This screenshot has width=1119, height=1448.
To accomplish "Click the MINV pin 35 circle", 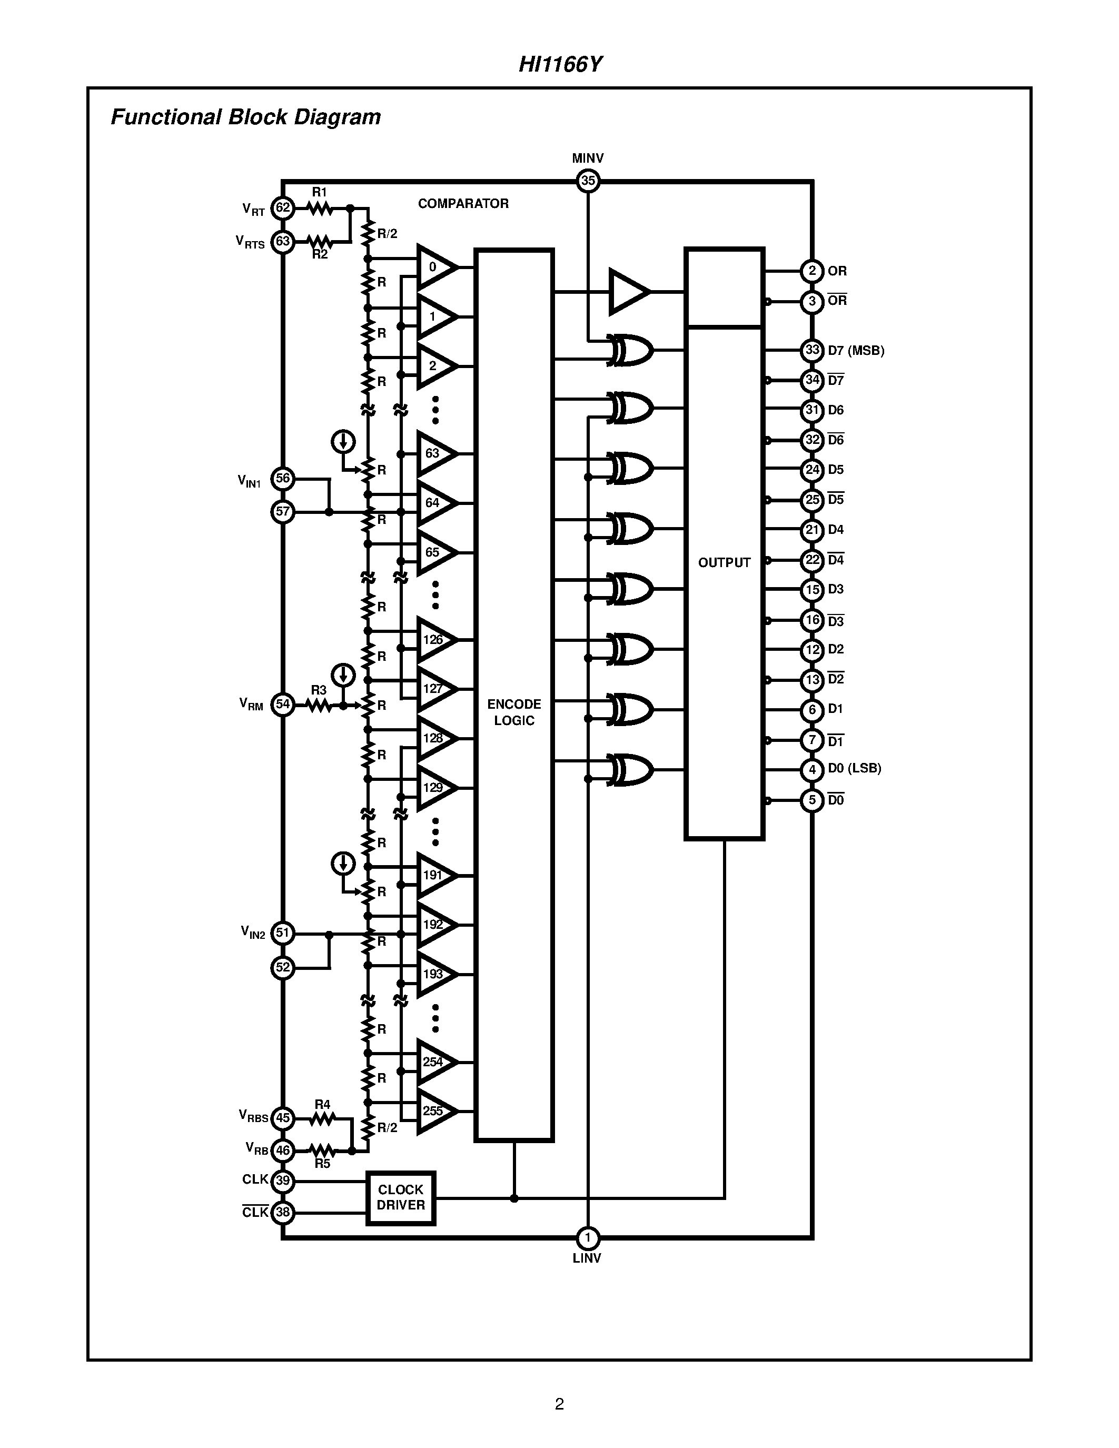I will pos(587,180).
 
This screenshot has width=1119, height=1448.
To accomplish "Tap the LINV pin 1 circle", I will pos(587,1238).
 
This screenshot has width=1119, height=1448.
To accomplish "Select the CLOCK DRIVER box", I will pos(400,1198).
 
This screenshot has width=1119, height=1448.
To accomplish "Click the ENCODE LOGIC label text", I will pos(514,712).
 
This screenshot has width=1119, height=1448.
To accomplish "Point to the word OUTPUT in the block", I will pos(724,562).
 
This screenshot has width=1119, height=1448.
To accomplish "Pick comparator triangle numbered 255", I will pos(435,1111).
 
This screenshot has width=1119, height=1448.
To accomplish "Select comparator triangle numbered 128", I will pos(435,738).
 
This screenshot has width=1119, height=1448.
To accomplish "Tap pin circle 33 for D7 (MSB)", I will pos(812,350).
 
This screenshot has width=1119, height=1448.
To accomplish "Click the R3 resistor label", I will pos(319,690).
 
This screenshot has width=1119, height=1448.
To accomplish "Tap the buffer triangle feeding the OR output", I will pos(627,291).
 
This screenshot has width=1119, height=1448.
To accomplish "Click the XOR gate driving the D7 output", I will pos(630,350).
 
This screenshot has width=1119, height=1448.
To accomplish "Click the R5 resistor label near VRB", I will pos(322,1164).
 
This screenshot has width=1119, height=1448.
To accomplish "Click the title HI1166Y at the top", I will pos(560,64).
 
